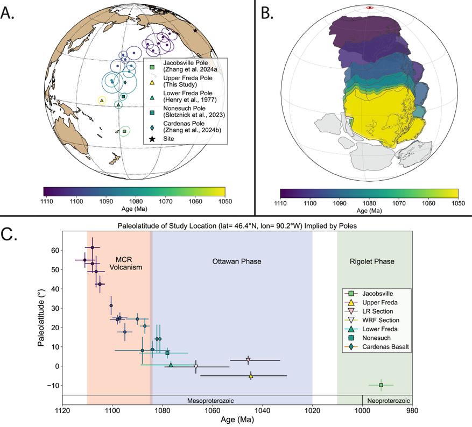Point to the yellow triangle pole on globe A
pyautogui.click(x=102, y=100)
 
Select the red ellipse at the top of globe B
pyautogui.click(x=369, y=8)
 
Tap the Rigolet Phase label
pyautogui.click(x=374, y=262)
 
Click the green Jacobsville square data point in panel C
pyautogui.click(x=381, y=385)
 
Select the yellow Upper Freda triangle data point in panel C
pyautogui.click(x=251, y=376)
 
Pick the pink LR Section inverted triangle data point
pyautogui.click(x=248, y=360)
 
